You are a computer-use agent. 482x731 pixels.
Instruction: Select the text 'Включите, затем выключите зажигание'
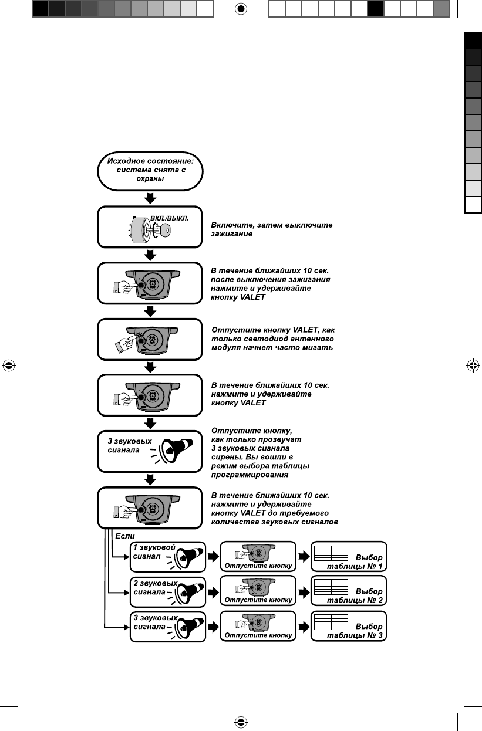tap(272, 229)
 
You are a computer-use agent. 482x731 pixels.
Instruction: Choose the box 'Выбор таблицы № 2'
tap(348, 591)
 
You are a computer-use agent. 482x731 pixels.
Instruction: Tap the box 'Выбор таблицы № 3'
tap(348, 627)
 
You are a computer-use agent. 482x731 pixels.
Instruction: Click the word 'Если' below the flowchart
tap(125, 536)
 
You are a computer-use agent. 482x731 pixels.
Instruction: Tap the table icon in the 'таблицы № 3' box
tap(331, 622)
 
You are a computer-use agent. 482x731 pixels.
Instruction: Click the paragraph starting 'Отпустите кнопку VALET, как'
tap(274, 339)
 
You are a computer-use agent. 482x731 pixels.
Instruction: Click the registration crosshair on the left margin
tap(9, 365)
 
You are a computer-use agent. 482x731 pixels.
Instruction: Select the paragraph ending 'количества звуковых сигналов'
tap(275, 509)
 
